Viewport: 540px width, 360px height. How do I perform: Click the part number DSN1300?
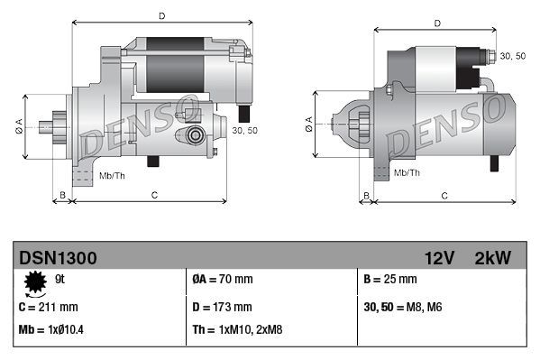(58, 258)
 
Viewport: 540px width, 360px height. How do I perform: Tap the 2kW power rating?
(492, 258)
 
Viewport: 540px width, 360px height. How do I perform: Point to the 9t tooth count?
(61, 280)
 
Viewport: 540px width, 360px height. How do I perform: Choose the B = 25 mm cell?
(390, 279)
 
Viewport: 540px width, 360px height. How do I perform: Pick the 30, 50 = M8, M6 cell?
(403, 306)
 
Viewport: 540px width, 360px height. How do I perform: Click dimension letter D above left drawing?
(161, 15)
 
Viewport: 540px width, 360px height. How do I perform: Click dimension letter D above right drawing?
(436, 23)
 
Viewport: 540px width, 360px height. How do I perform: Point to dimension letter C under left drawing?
(155, 194)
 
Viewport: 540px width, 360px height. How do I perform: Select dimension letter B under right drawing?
(365, 194)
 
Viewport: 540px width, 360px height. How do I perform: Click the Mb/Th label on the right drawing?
(407, 171)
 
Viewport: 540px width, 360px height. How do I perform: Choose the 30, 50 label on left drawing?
(244, 131)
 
